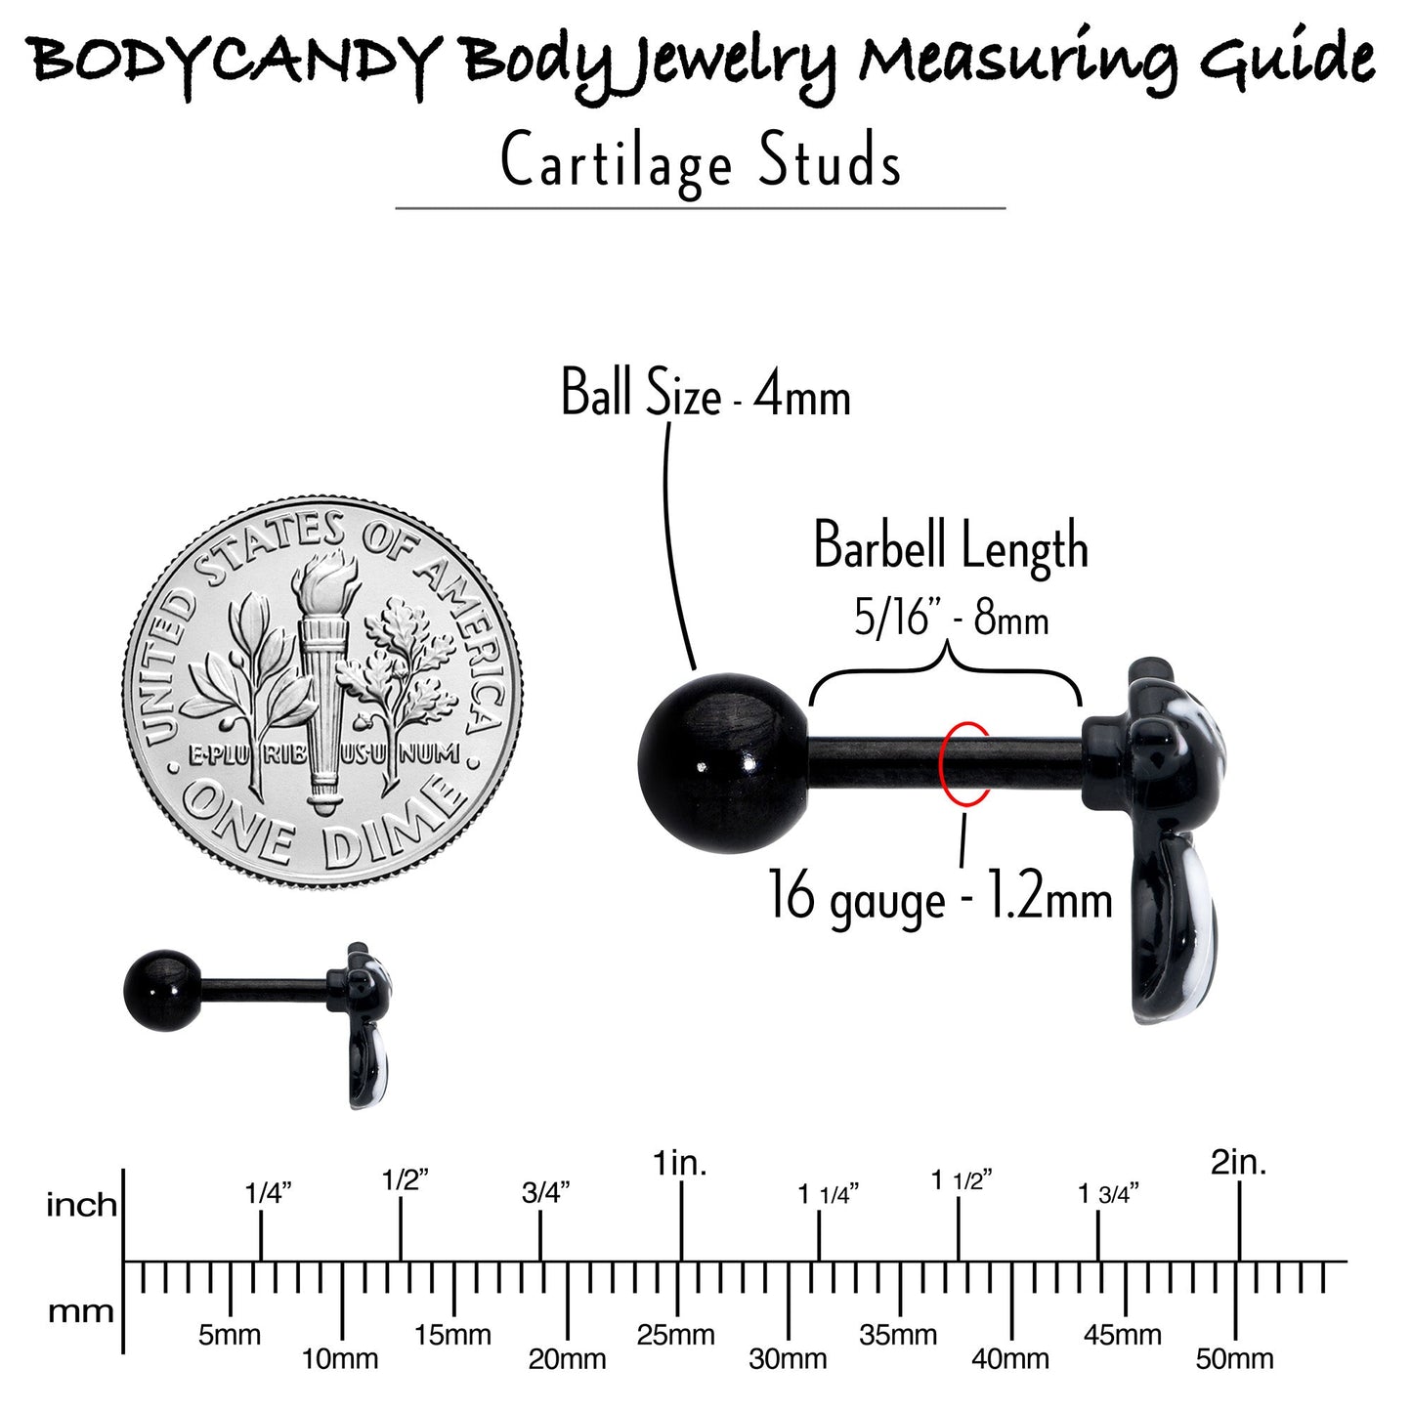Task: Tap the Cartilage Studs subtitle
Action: coord(701,162)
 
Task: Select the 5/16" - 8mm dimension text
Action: coord(951,620)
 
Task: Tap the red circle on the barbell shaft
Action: coord(965,764)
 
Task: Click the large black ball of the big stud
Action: coord(723,763)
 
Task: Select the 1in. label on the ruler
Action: coord(680,1164)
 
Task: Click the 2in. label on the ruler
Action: coord(1238,1164)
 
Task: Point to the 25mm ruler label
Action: coord(675,1335)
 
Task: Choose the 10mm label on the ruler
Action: coord(340,1360)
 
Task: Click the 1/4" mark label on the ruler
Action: coord(268,1194)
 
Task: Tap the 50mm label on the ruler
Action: coord(1235,1360)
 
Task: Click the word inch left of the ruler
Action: coord(81,1205)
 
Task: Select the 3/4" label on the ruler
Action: coord(546,1194)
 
